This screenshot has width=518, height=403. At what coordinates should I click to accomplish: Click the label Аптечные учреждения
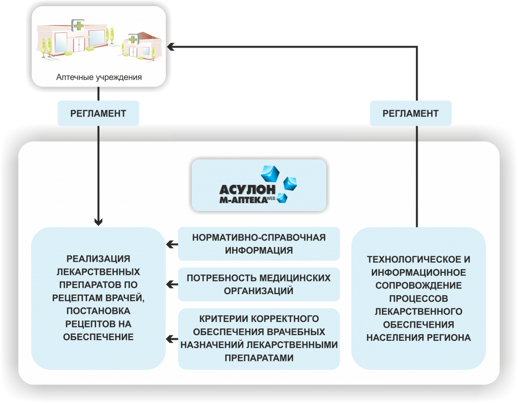[99, 77]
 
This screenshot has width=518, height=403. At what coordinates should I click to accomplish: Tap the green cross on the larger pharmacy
[78, 25]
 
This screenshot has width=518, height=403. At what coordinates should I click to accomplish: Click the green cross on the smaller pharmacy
[133, 39]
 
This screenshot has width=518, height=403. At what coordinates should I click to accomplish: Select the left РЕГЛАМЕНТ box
[99, 113]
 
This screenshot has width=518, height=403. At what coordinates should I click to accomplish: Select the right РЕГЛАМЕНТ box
[411, 113]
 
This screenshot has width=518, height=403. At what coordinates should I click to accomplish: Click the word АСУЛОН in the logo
[247, 189]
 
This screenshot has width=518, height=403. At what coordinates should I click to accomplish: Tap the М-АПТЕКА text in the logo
[243, 199]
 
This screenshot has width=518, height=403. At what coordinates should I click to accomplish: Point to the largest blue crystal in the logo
[270, 174]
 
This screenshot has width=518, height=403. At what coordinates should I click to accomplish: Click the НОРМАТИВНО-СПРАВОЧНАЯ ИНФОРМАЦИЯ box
[259, 244]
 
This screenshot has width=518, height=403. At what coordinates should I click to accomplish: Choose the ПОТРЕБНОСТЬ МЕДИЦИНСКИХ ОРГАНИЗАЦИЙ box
[259, 285]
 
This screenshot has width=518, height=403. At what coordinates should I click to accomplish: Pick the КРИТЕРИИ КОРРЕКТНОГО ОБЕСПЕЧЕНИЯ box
[259, 339]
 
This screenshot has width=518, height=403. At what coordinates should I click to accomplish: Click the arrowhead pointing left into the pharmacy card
[170, 47]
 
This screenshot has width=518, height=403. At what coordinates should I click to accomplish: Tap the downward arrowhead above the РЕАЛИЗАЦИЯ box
[99, 222]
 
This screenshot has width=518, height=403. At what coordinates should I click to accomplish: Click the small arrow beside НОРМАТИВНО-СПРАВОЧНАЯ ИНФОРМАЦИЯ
[172, 245]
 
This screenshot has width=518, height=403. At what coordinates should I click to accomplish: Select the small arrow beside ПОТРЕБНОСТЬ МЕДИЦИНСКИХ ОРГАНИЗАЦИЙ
[172, 285]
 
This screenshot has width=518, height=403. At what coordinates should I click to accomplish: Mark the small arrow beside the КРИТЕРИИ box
[172, 339]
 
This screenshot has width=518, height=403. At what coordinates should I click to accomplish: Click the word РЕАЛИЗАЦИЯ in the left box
[99, 259]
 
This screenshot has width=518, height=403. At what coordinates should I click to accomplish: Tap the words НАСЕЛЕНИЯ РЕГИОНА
[418, 338]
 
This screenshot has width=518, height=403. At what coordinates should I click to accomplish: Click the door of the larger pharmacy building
[79, 45]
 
